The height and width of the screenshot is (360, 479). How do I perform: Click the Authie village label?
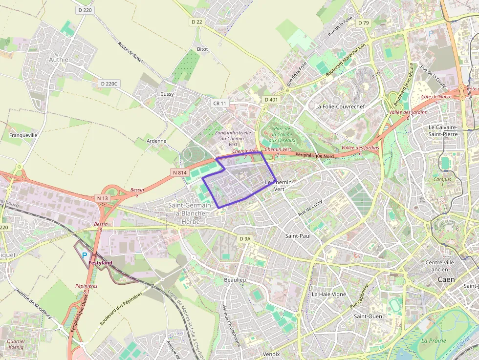click(58, 60)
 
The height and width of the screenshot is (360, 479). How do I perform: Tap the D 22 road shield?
click(196, 22)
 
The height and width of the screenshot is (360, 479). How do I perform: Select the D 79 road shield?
click(363, 22)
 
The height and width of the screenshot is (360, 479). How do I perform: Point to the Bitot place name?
click(202, 49)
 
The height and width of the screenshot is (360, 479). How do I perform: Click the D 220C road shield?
click(109, 84)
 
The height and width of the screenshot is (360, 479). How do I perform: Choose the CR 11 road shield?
click(220, 103)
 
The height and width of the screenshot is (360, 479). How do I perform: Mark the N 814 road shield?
click(179, 172)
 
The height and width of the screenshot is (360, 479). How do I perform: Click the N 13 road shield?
click(102, 198)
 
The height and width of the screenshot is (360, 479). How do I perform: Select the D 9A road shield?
click(245, 238)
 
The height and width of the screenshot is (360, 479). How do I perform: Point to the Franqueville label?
click(23, 135)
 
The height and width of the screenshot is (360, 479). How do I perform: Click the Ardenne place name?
click(156, 141)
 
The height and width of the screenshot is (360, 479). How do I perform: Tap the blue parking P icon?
click(85, 255)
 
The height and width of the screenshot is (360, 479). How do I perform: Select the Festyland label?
click(100, 263)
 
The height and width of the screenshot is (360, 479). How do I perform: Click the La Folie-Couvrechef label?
click(340, 106)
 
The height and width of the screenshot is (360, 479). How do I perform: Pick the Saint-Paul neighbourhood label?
click(298, 235)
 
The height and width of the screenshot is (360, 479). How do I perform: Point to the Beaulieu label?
click(235, 279)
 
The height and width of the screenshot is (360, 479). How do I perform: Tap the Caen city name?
click(446, 279)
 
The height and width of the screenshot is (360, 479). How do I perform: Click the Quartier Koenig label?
click(17, 344)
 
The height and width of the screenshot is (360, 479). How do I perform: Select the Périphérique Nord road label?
click(315, 156)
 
